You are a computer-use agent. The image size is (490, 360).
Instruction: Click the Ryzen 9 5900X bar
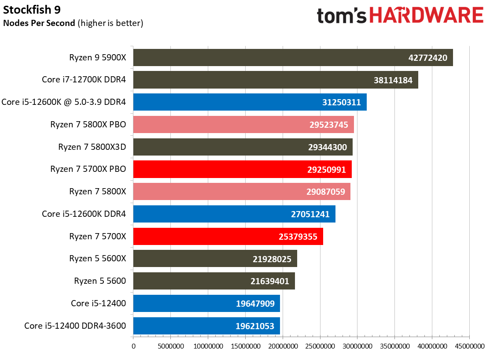[293, 58]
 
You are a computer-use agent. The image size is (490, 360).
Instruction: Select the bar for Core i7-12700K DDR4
[275, 80]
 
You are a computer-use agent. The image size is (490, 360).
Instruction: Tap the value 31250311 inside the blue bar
[341, 103]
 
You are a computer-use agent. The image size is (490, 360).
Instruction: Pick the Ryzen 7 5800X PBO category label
[88, 125]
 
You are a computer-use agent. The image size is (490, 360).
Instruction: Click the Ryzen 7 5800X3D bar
[243, 147]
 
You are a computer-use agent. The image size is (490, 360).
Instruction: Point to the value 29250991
[327, 170]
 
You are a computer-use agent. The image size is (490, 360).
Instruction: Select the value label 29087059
[326, 192]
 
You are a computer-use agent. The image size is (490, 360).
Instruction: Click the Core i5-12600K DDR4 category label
[84, 214]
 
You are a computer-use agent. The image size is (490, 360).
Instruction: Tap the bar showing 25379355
[228, 237]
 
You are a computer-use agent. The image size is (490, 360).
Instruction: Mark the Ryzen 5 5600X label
[97, 259]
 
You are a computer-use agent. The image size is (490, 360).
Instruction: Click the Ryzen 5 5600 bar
[214, 281]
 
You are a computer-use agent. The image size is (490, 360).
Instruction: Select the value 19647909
[255, 304]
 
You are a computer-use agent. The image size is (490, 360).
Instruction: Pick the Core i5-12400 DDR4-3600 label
[75, 326]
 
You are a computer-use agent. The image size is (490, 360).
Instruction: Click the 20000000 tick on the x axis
[283, 346]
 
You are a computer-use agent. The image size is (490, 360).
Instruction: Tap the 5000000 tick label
[170, 346]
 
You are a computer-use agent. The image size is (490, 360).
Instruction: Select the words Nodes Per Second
[39, 23]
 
